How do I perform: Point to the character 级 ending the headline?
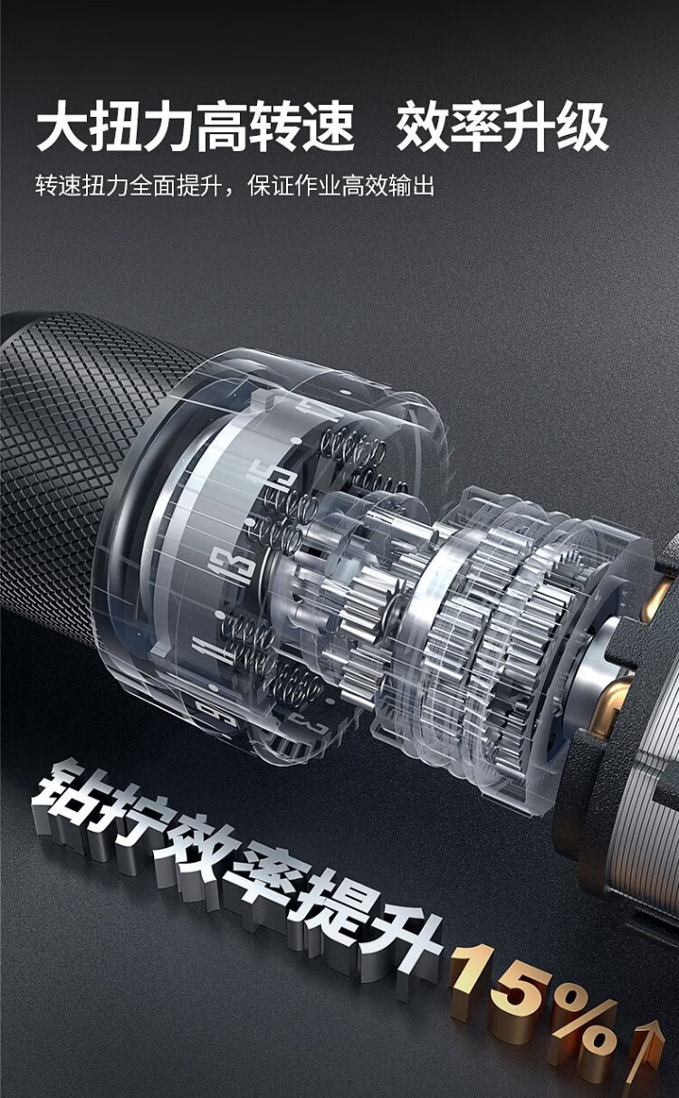pos(582,126)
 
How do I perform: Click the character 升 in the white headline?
pos(529,126)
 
